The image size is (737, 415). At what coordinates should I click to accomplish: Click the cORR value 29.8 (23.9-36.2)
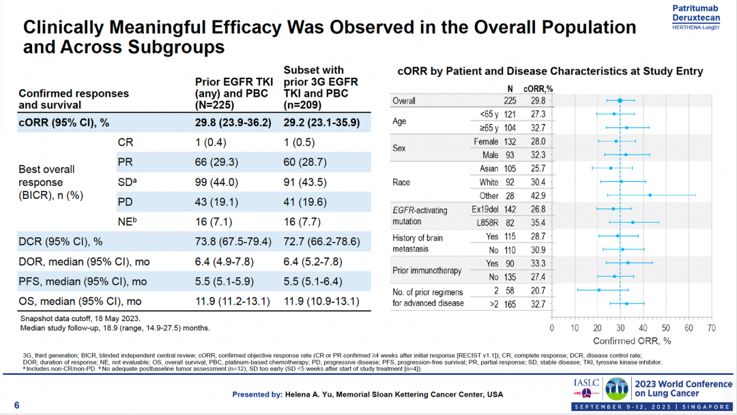[233, 123]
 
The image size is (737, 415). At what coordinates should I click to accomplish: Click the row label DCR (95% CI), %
[61, 241]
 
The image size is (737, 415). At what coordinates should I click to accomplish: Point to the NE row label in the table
[126, 221]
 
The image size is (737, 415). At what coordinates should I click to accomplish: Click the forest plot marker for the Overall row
[620, 101]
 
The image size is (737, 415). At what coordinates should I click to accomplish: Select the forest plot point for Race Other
[650, 195]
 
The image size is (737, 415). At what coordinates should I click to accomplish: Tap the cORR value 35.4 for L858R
[538, 222]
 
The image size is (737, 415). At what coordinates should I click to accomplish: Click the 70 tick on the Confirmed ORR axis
[711, 328]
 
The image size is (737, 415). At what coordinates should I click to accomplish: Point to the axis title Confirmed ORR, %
[632, 340]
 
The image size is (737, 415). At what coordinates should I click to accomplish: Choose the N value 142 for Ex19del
[509, 209]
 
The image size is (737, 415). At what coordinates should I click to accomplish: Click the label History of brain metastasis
[418, 243]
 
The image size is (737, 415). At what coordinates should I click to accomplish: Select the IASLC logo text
[587, 383]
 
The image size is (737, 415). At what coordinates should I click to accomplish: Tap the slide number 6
[17, 405]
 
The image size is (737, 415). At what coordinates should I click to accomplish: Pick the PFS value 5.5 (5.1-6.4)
[321, 281]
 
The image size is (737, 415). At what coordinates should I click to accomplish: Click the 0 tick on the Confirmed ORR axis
[552, 328]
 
